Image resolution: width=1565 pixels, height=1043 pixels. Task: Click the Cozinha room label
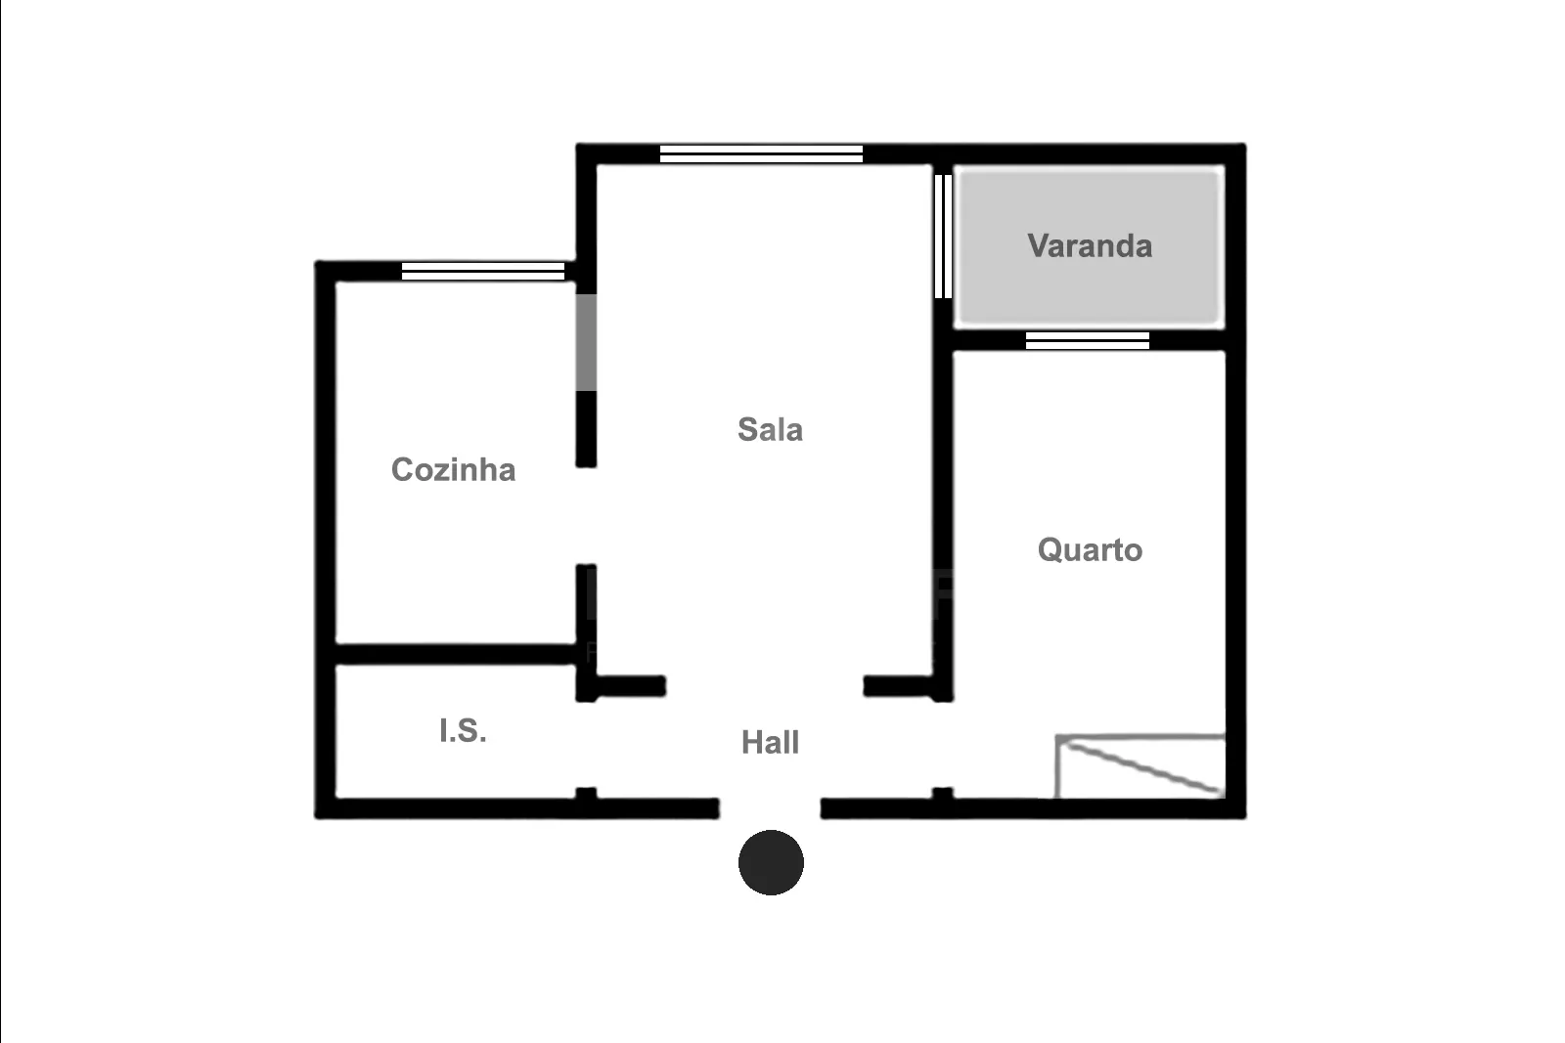[454, 470]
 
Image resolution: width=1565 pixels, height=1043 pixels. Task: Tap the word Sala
[770, 429]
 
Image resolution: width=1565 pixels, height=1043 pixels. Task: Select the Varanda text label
[1090, 245]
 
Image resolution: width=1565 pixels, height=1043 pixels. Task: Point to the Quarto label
[1090, 550]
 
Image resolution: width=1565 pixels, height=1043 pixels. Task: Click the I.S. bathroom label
[463, 731]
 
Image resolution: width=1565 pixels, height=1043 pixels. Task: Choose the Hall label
[770, 742]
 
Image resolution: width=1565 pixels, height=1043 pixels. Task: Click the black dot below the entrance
[771, 862]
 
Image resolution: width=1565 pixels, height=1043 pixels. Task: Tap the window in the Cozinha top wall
[483, 271]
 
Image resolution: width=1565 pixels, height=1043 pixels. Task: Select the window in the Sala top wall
[761, 153]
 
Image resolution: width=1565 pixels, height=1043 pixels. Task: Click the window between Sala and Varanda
[943, 236]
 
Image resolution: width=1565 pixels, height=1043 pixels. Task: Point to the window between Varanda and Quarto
[1087, 341]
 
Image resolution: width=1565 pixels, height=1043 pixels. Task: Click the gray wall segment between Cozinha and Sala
[586, 342]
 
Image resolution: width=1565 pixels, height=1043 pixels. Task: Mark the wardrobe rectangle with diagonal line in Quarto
[1140, 765]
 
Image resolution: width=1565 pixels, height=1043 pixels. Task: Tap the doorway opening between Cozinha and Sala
[586, 516]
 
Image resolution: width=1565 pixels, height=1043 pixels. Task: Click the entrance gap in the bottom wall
[770, 808]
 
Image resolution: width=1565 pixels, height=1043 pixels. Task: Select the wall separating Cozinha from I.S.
[456, 654]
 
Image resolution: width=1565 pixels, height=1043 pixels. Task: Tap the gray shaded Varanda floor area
[1090, 246]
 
